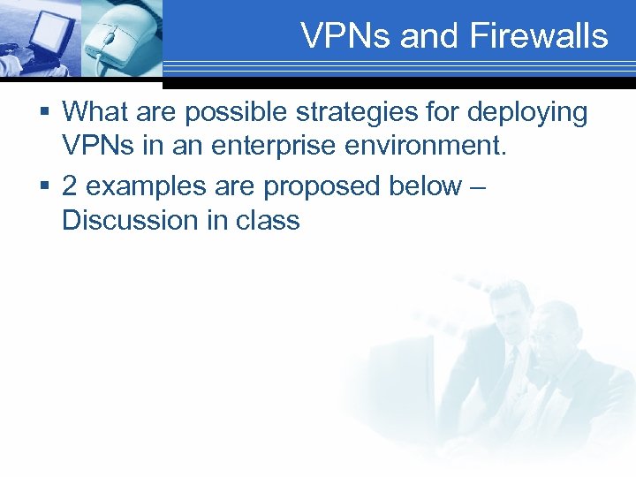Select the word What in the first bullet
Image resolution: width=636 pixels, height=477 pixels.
click(96, 112)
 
